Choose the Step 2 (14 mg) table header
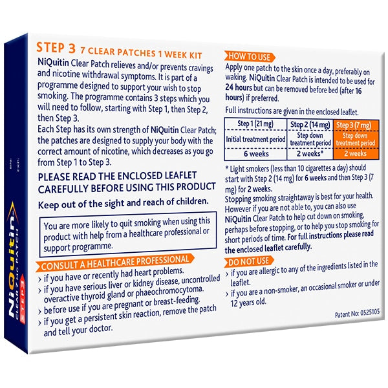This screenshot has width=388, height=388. coord(310,124)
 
